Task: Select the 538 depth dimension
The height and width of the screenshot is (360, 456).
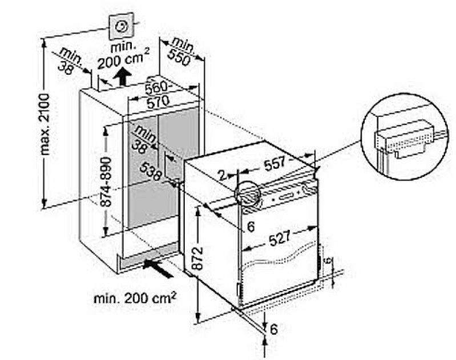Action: [154, 169]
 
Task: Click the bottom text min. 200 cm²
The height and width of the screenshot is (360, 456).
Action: [135, 297]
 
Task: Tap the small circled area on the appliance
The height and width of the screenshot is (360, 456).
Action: [247, 195]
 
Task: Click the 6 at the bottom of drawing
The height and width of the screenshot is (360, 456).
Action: [273, 329]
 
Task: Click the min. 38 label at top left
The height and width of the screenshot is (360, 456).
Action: [69, 61]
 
